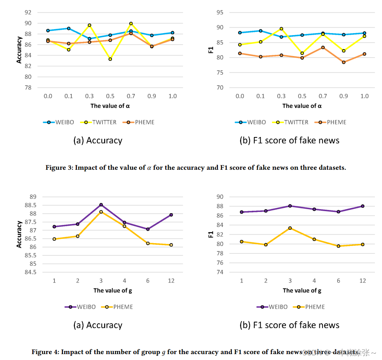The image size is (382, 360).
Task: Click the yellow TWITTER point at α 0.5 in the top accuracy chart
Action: point(110,59)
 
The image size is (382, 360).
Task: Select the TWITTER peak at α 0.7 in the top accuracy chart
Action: point(131,24)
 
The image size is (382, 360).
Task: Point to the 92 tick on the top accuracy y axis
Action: point(28,12)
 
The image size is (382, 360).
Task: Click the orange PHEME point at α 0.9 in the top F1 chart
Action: point(344,62)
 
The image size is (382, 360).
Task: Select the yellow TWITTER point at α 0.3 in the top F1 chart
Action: point(281,28)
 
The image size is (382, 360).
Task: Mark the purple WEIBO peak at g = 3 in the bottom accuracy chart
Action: point(101,204)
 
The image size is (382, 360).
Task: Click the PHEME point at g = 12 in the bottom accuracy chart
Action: point(171,245)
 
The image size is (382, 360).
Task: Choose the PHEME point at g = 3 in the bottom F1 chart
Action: point(290,228)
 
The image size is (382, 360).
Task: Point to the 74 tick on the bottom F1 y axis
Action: point(221,272)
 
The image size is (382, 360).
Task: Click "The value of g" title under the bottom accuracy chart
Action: point(113,291)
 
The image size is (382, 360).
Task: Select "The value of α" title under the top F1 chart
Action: point(302,106)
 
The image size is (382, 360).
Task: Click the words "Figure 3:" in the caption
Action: point(59,167)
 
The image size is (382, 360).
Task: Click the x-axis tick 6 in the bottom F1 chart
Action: point(338,281)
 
